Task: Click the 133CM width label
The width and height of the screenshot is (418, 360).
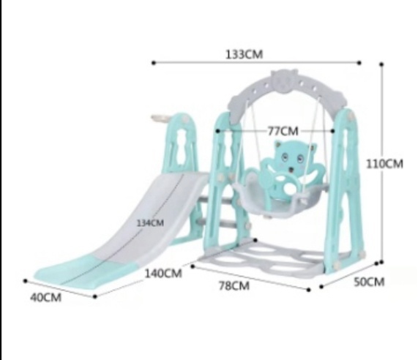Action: [x=245, y=54]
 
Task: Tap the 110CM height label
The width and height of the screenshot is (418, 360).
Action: [x=384, y=164]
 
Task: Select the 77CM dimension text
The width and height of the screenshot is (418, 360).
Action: [x=283, y=131]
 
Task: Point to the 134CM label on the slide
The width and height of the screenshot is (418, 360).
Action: [x=150, y=222]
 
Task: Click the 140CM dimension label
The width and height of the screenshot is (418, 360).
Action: [x=163, y=274]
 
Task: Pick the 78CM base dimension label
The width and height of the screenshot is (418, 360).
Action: [x=234, y=285]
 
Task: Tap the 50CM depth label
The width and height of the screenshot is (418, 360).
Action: [x=369, y=282]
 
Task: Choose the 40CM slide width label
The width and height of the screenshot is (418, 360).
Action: [x=45, y=297]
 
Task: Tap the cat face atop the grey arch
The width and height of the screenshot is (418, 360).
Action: [x=284, y=81]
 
